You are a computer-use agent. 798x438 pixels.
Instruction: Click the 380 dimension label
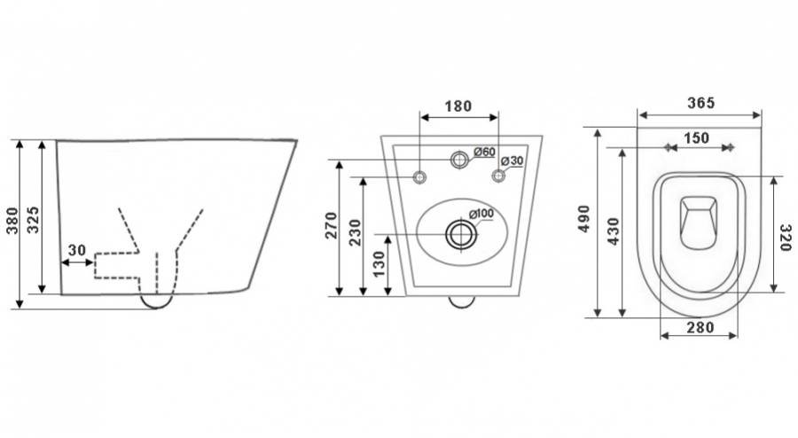[x=12, y=220]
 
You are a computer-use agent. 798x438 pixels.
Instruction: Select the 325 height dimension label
[x=33, y=220]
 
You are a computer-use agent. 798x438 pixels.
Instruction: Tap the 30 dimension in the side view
[x=77, y=250]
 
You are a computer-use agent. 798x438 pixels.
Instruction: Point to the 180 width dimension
[x=458, y=106]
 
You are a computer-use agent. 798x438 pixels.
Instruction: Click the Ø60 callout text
[x=484, y=152]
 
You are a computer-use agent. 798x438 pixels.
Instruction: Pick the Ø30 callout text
[x=512, y=160]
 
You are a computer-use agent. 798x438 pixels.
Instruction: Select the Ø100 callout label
[x=481, y=214]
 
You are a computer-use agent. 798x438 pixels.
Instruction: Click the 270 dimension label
[x=332, y=225]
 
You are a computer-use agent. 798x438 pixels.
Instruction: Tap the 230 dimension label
[x=356, y=232]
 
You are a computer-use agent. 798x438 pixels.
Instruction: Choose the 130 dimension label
[x=379, y=264]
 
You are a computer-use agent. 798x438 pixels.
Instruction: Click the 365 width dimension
[x=701, y=103]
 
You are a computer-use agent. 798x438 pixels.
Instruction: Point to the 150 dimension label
[x=696, y=137]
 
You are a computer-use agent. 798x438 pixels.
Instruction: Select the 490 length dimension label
[x=583, y=219]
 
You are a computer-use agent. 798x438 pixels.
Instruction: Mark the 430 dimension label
[x=614, y=231]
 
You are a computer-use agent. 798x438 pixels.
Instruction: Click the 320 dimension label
[x=786, y=238]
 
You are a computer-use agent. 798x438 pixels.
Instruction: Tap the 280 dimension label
[x=700, y=327]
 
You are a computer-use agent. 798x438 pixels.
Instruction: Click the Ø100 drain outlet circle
[x=462, y=234]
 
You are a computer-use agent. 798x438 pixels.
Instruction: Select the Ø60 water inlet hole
[x=459, y=160]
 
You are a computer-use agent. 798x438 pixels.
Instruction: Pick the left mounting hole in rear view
[x=420, y=177]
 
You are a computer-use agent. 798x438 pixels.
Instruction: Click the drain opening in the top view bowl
[x=699, y=223]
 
